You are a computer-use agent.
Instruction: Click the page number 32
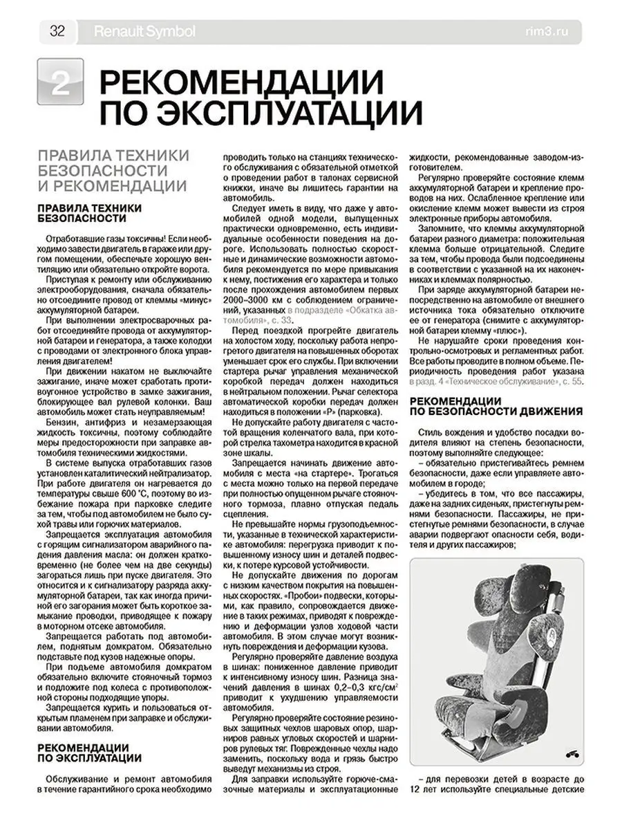click(57, 31)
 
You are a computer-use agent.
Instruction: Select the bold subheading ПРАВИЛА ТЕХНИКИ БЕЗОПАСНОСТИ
click(90, 212)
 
